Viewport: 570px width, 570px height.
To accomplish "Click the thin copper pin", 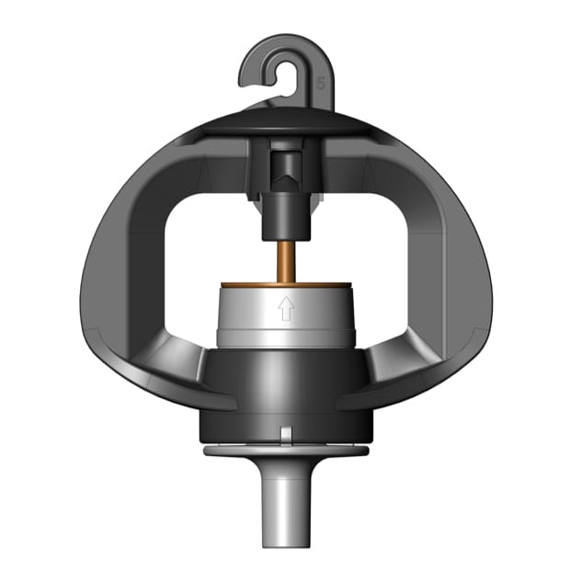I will point(286,259).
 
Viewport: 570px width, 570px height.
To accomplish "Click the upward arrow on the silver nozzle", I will point(286,308).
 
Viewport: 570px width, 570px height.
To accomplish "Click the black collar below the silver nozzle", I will point(286,386).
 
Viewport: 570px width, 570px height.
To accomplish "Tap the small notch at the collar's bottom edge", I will point(286,433).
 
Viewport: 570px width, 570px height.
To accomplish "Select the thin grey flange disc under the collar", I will point(286,451).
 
